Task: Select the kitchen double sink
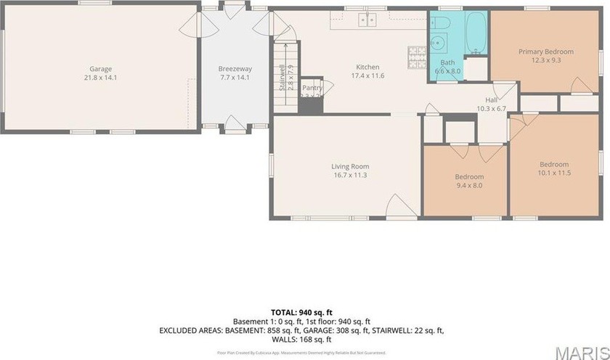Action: pos(367,20)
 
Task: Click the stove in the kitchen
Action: pos(417,53)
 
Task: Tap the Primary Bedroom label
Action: pos(545,52)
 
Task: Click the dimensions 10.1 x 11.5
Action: pos(553,173)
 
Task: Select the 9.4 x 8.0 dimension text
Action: pos(468,185)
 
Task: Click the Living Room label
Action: pos(350,166)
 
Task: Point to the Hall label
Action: pos(491,100)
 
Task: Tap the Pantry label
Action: pos(312,87)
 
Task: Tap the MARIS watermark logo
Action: pos(581,351)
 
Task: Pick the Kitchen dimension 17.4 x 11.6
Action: pos(368,75)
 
